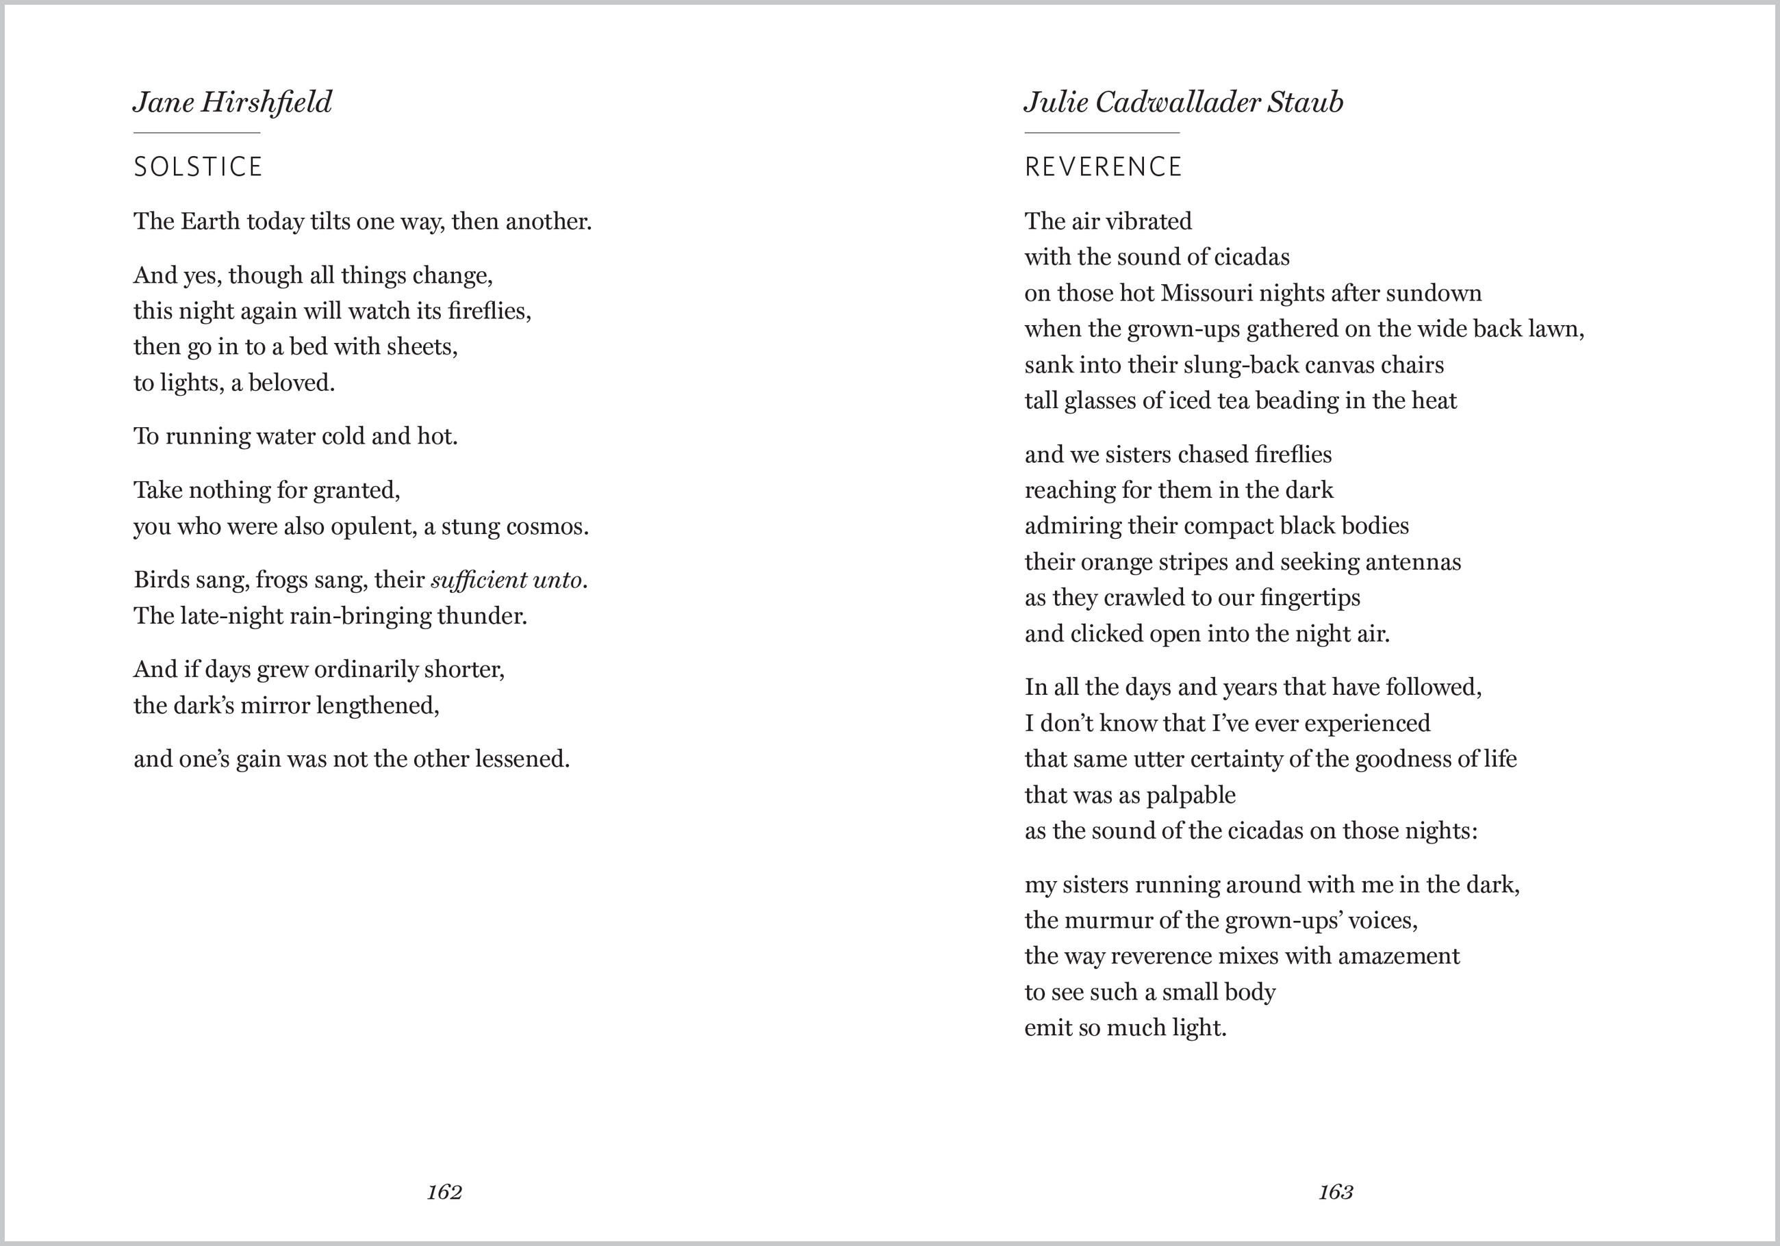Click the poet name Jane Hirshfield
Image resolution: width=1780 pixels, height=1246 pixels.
233,102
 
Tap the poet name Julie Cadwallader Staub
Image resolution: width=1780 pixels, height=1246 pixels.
1183,102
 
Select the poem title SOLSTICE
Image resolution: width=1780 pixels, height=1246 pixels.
199,166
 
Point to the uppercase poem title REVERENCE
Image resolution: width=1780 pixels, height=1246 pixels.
1103,166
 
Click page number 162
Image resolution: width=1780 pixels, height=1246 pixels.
444,1192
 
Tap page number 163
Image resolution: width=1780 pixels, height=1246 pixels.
1336,1192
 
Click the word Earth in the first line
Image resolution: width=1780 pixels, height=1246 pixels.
210,222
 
